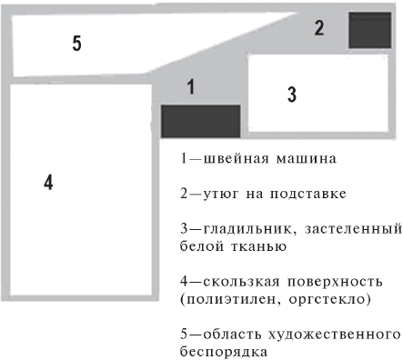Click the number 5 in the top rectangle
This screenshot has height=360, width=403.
coord(76,44)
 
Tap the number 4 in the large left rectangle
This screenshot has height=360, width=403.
coord(48,182)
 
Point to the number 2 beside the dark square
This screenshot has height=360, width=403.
coord(319,27)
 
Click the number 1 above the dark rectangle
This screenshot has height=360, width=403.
coord(191,86)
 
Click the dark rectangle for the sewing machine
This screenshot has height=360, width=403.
coord(200,121)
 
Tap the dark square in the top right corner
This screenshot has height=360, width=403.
coord(369,29)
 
